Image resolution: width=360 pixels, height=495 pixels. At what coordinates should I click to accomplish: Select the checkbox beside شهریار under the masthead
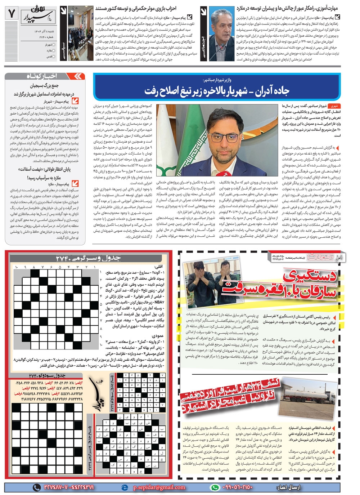point(54,45)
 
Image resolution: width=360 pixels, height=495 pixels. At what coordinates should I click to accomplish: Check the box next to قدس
point(54,57)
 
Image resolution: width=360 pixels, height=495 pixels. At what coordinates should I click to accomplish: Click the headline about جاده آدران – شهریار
point(217,91)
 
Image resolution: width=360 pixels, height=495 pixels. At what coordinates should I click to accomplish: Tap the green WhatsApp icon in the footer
point(215,487)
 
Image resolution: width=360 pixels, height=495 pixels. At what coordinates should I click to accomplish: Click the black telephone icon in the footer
point(37,487)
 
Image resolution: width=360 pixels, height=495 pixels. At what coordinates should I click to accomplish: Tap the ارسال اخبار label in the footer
point(288,487)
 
